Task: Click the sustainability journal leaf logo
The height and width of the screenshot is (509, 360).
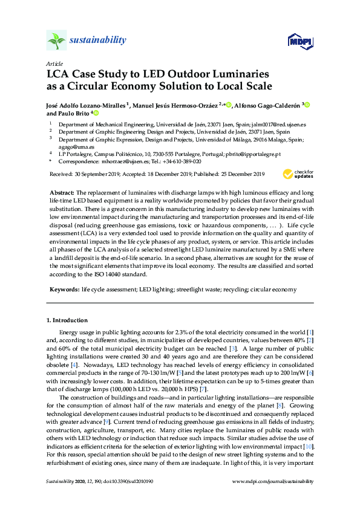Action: [56, 41]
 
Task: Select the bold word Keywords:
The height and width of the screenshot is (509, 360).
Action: [64, 290]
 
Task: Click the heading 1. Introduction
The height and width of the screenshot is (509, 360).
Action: [67, 320]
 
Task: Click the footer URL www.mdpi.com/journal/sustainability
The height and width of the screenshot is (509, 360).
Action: [273, 481]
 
